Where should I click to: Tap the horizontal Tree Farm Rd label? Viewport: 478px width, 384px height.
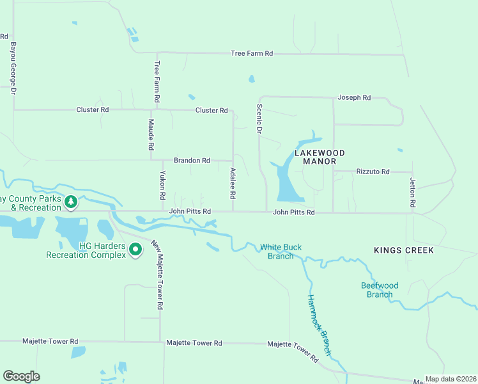pyautogui.click(x=252, y=54)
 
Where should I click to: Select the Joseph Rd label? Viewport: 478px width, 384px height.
pyautogui.click(x=354, y=98)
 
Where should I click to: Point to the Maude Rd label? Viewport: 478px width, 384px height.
pyautogui.click(x=151, y=134)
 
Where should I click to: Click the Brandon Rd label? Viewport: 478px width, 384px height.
pyautogui.click(x=192, y=161)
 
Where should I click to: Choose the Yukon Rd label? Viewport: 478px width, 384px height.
pyautogui.click(x=163, y=186)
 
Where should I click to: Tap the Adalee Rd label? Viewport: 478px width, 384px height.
pyautogui.click(x=233, y=182)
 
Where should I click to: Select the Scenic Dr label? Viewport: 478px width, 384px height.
pyautogui.click(x=259, y=119)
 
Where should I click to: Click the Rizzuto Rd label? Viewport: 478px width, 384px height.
pyautogui.click(x=373, y=172)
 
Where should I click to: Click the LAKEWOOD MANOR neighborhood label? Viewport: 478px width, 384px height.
pyautogui.click(x=320, y=157)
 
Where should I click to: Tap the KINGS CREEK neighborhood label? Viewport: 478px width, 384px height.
pyautogui.click(x=405, y=250)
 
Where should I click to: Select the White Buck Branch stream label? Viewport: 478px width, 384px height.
pyautogui.click(x=281, y=252)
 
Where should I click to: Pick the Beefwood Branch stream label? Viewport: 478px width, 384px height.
pyautogui.click(x=379, y=290)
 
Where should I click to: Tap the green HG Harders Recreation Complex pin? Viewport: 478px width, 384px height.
pyautogui.click(x=135, y=250)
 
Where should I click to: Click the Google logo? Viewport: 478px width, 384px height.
pyautogui.click(x=21, y=376)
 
